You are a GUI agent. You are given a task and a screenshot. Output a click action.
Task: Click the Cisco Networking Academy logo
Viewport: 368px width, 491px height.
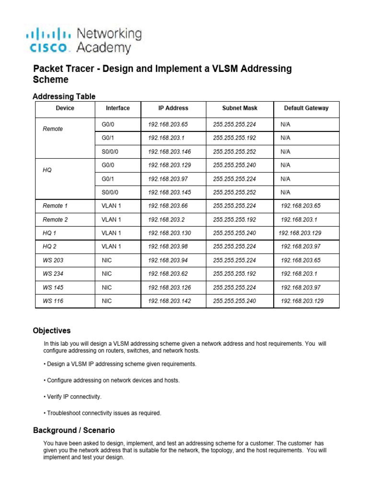pos(84,41)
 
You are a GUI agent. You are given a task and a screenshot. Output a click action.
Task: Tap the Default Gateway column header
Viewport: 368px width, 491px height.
pos(306,108)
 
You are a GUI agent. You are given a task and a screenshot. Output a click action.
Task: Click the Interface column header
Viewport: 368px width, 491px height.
pos(118,108)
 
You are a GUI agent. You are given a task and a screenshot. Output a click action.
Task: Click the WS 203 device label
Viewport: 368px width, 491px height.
pos(53,260)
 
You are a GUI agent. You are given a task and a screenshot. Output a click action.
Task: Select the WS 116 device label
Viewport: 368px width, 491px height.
pos(53,301)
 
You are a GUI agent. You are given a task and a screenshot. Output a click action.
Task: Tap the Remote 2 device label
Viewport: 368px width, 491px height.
pos(55,220)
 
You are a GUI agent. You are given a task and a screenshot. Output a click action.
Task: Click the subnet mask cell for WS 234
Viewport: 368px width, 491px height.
pos(234,274)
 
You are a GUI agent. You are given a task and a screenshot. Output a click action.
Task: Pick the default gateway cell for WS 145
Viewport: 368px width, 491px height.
pos(301,288)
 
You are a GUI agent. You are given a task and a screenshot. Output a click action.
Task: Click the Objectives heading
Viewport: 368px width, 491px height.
pos(51,331)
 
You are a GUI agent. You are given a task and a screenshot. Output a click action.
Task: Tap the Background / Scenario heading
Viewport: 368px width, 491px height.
pos(74,431)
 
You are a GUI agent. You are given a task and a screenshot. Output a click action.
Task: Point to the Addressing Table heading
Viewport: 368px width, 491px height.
pos(64,96)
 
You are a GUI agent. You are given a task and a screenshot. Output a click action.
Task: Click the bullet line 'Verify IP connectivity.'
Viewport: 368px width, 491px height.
pos(74,397)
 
